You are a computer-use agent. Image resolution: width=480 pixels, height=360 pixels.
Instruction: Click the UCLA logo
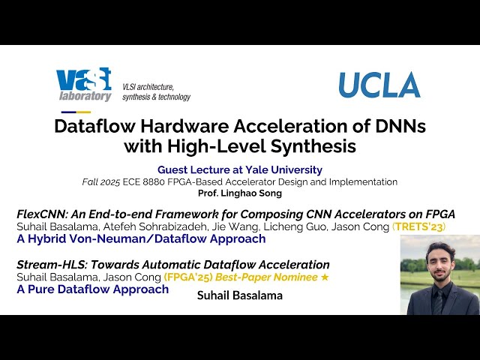point(379,85)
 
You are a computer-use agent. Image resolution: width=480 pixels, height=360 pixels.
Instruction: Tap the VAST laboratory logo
point(84,84)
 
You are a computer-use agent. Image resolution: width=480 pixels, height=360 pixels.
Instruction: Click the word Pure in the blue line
point(43,289)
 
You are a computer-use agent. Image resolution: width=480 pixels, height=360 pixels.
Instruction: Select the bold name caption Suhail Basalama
point(240,295)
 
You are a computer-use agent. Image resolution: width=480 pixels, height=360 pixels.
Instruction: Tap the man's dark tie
point(437,301)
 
